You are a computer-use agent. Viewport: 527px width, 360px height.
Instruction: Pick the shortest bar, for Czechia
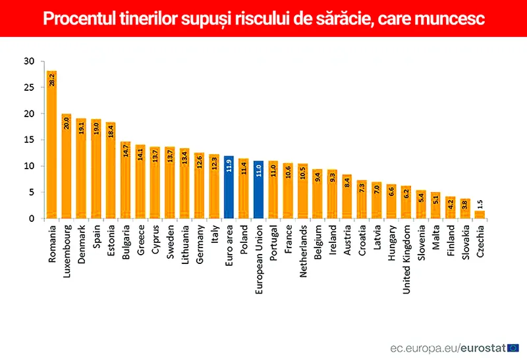pos(480,214)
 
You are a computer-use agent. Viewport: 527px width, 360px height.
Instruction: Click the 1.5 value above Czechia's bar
pos(480,203)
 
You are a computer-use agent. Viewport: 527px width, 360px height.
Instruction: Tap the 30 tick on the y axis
pos(28,61)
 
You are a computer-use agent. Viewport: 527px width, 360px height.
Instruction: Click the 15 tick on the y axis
pos(28,140)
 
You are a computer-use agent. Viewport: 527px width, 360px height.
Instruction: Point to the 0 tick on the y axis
pos(31,219)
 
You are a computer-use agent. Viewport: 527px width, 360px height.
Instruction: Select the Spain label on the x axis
pos(96,238)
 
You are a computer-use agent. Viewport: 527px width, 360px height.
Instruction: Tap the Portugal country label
pos(273,244)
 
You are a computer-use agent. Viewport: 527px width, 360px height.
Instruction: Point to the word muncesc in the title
pos(453,19)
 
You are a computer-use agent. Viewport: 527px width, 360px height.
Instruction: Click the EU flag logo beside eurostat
pos(513,347)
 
